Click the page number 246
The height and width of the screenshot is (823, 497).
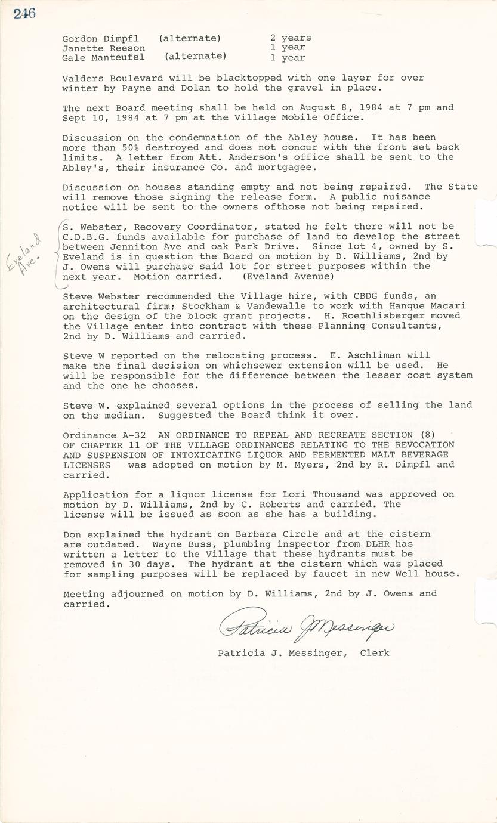point(24,13)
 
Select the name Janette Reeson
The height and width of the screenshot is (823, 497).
point(103,48)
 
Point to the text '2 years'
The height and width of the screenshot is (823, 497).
point(291,38)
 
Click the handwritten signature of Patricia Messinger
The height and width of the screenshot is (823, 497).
point(306,625)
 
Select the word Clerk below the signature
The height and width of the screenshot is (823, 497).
point(375,653)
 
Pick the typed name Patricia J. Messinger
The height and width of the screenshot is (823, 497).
point(282,653)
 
